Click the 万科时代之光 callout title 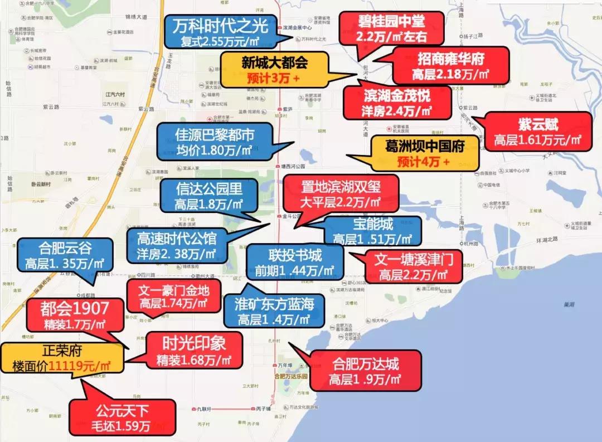[x=220, y=26]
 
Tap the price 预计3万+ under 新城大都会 [x=273, y=78]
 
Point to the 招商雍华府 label [x=450, y=59]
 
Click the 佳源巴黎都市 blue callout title [x=215, y=135]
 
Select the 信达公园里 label [x=208, y=189]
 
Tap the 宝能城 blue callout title [x=373, y=225]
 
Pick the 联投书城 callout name [x=295, y=256]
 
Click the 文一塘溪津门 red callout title [x=412, y=259]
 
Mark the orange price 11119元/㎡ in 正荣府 [x=79, y=366]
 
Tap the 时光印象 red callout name [x=194, y=341]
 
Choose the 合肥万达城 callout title [x=365, y=365]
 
